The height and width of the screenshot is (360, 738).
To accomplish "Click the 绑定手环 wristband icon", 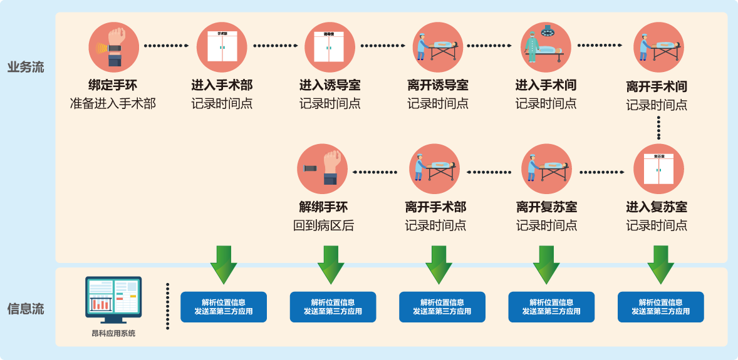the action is tap(114, 48).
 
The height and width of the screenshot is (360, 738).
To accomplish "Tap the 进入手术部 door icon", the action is tap(221, 48).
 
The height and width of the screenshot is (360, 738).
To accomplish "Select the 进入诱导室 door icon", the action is tap(330, 48).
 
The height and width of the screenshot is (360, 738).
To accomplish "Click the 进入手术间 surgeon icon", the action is tap(546, 48).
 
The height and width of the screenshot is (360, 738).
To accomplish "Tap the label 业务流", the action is tap(26, 67).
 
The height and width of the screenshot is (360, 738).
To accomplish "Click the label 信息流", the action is tap(26, 309).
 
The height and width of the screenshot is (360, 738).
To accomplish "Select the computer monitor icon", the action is tap(113, 299).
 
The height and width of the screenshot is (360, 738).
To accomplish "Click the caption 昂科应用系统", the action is tap(113, 334).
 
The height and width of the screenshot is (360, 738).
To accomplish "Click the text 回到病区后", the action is tap(323, 225).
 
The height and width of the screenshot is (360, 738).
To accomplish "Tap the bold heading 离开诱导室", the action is tap(438, 86).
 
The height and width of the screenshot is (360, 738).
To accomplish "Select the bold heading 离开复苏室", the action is tap(546, 207).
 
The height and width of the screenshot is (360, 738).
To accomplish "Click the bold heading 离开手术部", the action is tap(436, 207).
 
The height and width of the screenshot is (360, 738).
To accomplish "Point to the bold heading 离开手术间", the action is tap(657, 86).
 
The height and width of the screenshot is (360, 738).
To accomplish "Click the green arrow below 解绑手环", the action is tap(331, 264).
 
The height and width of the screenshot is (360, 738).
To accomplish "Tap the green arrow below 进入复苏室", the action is tap(661, 264).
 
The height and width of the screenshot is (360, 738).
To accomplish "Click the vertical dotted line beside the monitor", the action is tap(167, 306).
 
